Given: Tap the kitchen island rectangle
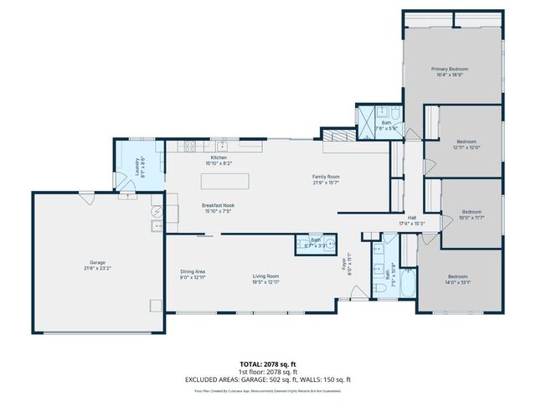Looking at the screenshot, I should point(225,181).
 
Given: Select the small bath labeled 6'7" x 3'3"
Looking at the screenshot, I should point(316,244).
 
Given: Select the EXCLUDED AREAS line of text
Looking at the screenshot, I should point(268,379).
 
